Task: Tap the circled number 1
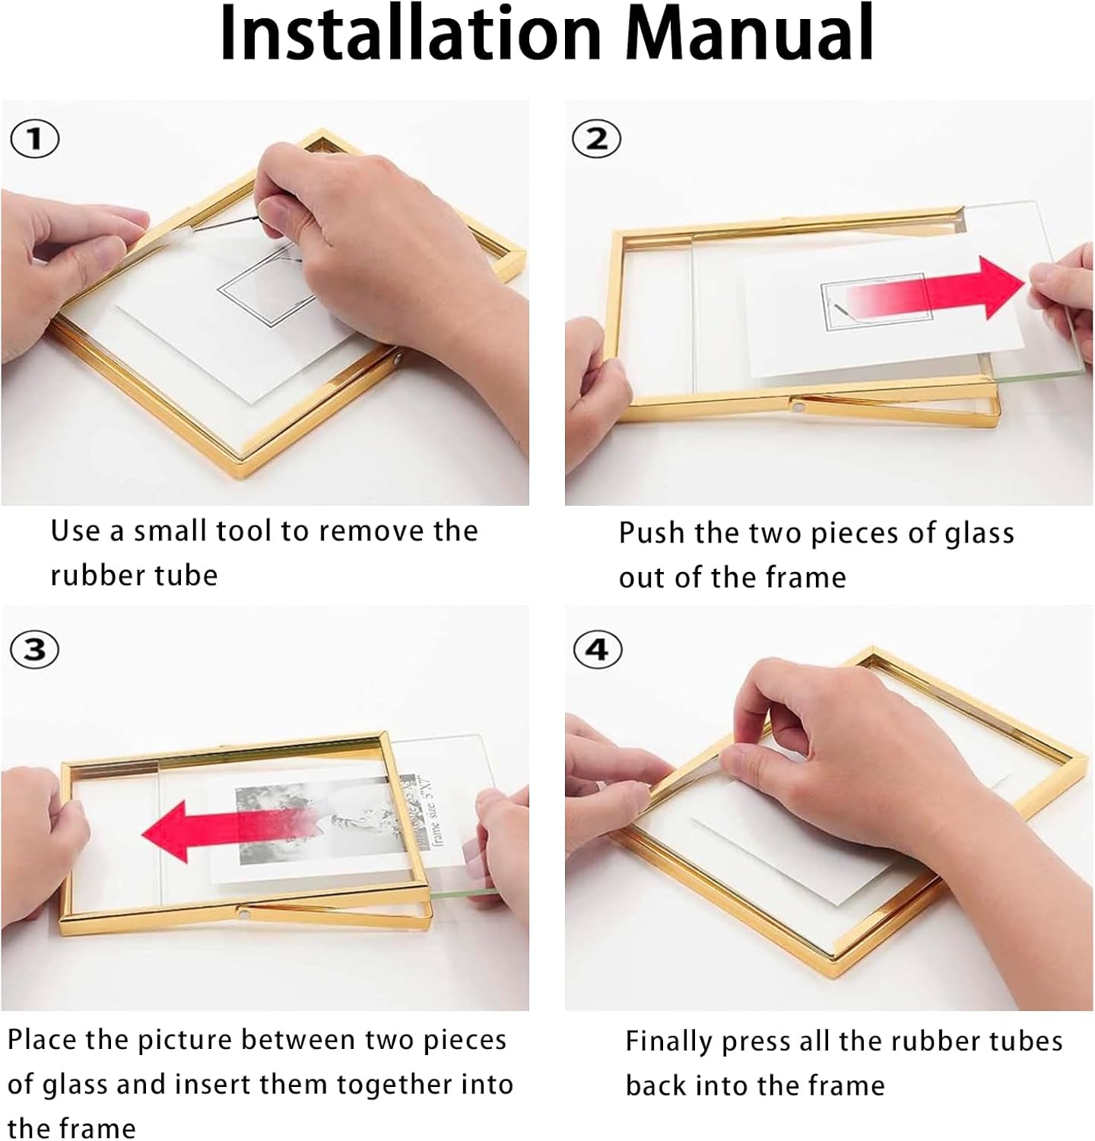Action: click(34, 140)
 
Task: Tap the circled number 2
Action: click(597, 140)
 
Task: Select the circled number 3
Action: click(34, 650)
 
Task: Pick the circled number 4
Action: click(597, 650)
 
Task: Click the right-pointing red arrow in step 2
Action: click(943, 289)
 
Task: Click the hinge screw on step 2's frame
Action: click(796, 408)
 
